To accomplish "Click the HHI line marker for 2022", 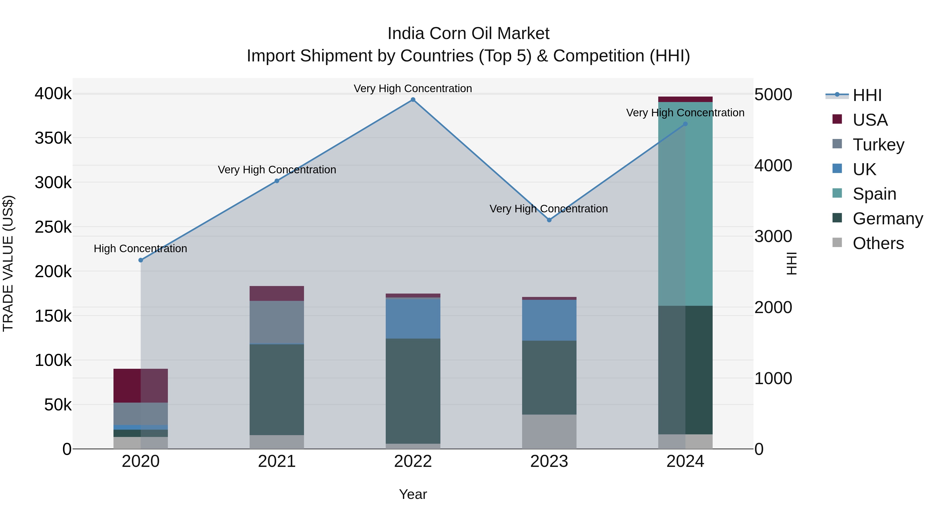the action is (x=413, y=100).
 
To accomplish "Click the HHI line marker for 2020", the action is (x=141, y=260).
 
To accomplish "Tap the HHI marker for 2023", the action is (x=549, y=220).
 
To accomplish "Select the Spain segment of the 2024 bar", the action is (x=685, y=204).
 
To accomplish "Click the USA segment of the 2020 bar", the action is (x=141, y=385).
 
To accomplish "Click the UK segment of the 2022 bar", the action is (x=413, y=318).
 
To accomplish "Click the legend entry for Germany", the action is (x=887, y=219).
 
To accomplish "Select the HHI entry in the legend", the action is (x=867, y=95).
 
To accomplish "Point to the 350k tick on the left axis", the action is (x=53, y=138).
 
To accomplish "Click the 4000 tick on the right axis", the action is (x=773, y=166).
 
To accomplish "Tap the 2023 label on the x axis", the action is (x=549, y=461).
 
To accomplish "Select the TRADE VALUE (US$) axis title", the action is (x=8, y=263).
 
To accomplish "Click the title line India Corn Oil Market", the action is (x=468, y=34).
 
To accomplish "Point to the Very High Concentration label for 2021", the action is (x=277, y=170).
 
